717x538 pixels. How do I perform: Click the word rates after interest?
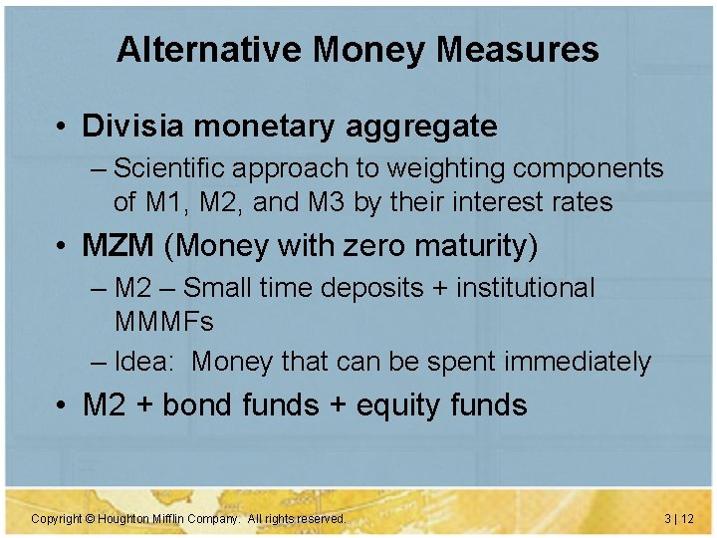click(582, 202)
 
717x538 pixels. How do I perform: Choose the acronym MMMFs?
click(164, 322)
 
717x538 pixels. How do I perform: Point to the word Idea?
click(143, 362)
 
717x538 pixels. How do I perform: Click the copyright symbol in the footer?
click(89, 519)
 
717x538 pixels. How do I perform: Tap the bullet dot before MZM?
click(62, 246)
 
